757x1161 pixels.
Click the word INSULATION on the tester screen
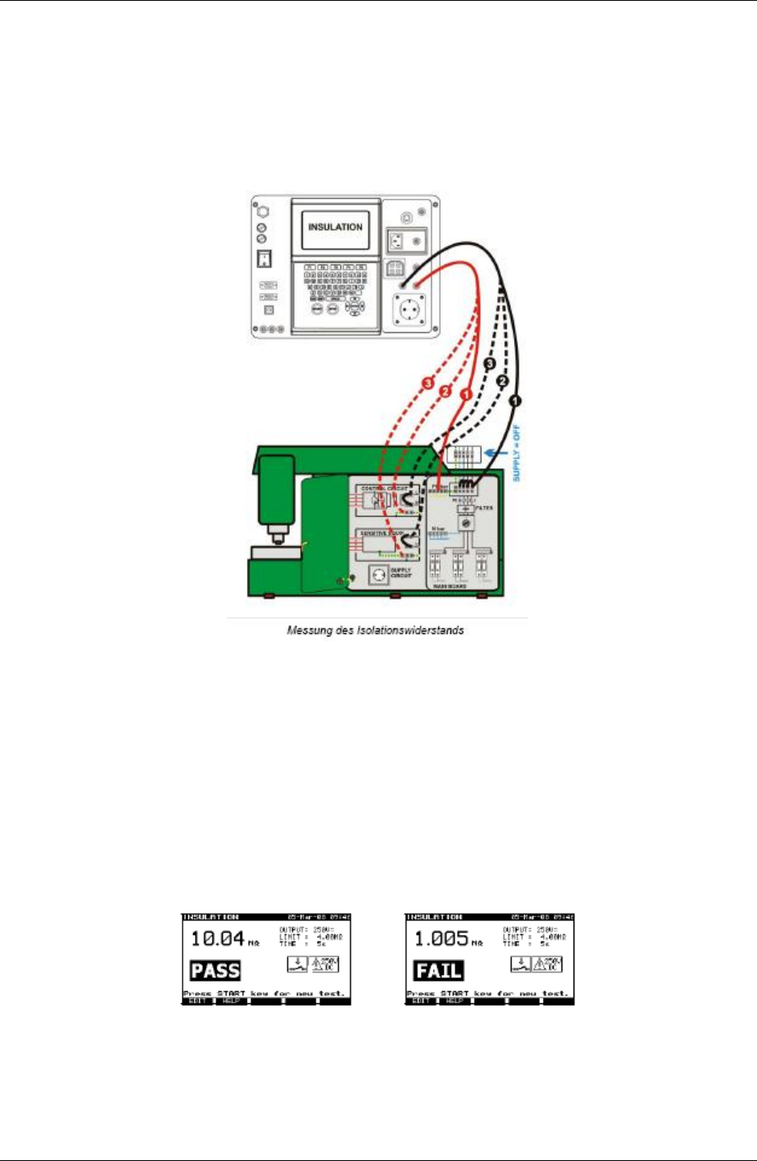[335, 227]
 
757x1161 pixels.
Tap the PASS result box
[215, 971]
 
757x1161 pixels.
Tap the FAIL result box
[438, 971]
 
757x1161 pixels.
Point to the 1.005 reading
[441, 938]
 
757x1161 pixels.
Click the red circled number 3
[429, 381]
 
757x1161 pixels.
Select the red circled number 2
[445, 391]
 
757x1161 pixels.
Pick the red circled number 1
[464, 395]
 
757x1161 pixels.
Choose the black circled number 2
[503, 380]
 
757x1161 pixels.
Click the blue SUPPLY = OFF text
[516, 453]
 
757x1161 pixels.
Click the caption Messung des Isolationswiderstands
[375, 630]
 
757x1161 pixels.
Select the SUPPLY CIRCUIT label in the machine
[401, 573]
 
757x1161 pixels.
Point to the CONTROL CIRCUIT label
[384, 488]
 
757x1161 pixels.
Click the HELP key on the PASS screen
[232, 1002]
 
